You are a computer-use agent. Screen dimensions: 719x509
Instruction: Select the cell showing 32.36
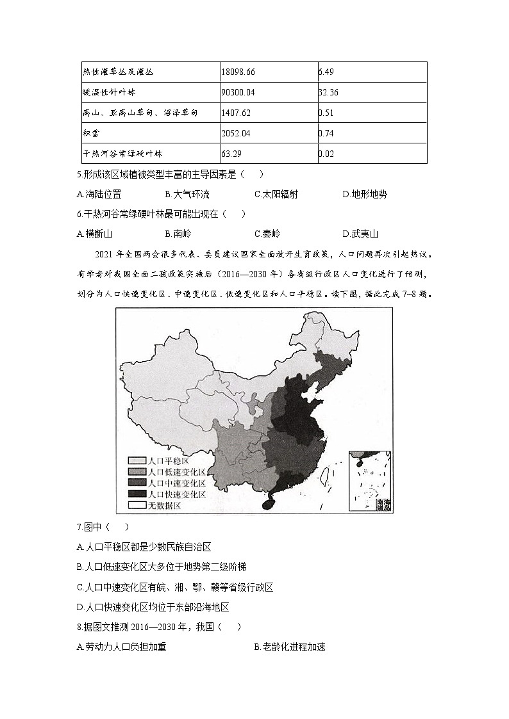(328, 92)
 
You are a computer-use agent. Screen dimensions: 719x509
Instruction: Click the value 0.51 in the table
(326, 113)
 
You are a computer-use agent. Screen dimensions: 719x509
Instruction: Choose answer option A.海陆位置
(99, 194)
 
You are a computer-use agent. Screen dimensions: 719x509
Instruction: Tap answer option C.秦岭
(267, 234)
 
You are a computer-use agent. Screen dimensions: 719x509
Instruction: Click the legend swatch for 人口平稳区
(137, 460)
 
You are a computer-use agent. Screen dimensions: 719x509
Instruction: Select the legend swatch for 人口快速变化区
(137, 494)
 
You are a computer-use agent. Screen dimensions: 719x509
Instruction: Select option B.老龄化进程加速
(290, 647)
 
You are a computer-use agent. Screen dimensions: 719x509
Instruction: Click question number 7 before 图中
(78, 527)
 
